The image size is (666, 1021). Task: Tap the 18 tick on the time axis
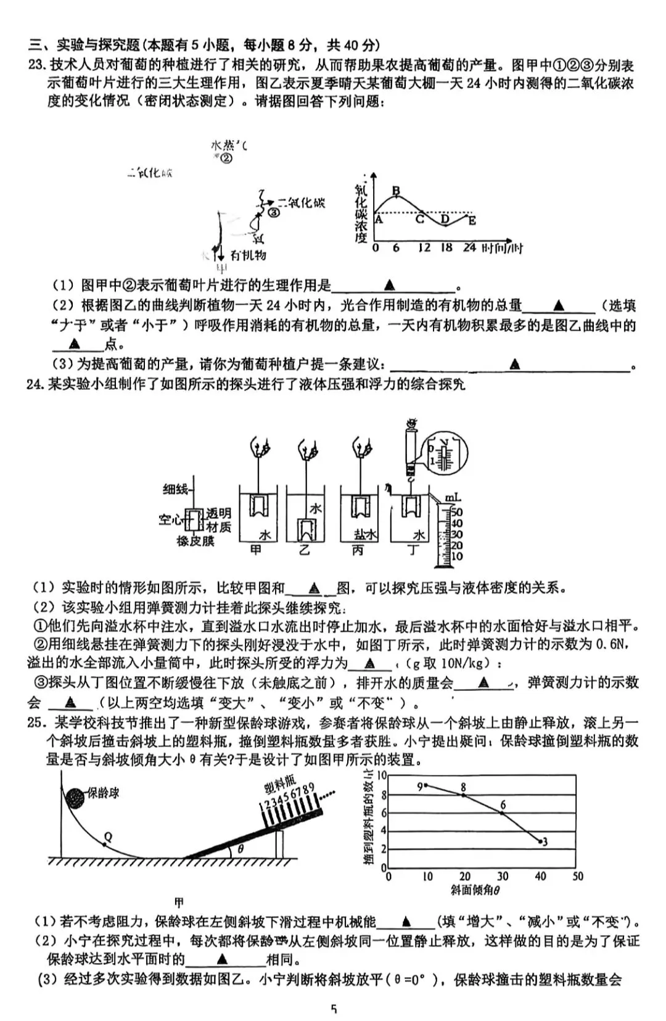446,247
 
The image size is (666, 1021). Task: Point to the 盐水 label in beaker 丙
365,534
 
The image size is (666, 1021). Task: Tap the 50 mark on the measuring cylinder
456,512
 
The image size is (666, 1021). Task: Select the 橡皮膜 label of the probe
195,542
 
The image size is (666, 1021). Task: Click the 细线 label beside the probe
175,489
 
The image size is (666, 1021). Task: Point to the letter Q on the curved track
108,837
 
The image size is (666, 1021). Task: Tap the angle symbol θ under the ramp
240,849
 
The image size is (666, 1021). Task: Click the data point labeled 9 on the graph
425,785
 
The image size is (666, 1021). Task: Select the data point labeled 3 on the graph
540,840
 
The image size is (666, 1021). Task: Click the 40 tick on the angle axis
540,876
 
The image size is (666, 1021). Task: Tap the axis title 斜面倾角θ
475,890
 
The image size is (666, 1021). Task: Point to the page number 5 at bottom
334,1009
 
